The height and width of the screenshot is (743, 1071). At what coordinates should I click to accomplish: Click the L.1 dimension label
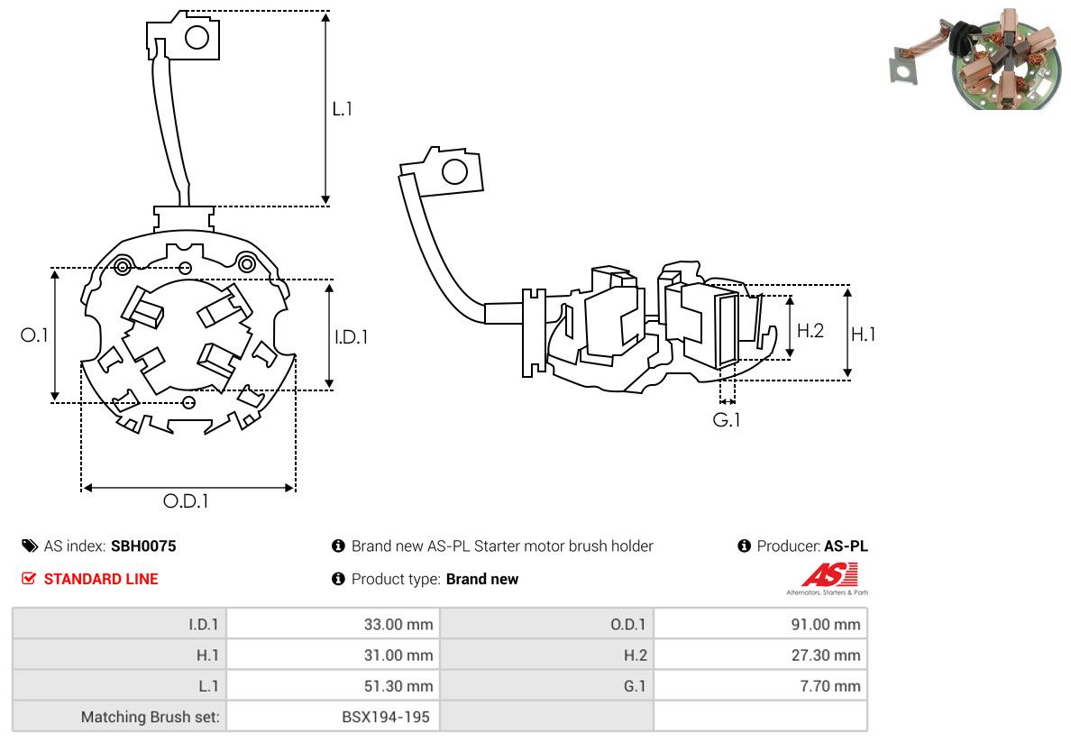[342, 108]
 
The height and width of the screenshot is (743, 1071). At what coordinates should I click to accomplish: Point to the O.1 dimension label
[34, 335]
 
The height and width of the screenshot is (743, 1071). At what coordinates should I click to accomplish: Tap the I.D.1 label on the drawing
[351, 336]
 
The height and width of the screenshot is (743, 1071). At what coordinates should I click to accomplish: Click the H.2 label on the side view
[810, 331]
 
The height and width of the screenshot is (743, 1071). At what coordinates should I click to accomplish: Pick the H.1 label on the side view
[863, 335]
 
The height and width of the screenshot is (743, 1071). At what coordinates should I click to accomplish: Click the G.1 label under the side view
[727, 419]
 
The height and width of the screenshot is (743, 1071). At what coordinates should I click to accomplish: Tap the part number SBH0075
[143, 546]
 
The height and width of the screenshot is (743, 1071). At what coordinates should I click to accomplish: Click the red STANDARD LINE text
[101, 579]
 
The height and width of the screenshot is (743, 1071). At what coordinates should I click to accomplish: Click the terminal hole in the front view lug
[197, 37]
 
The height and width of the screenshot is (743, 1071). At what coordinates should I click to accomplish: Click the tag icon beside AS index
[30, 546]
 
